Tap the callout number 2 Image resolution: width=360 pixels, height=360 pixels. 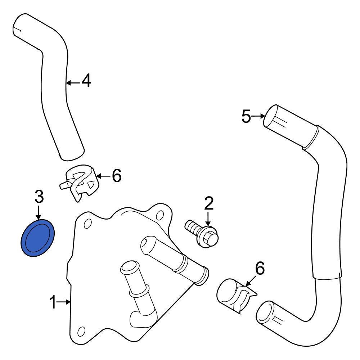pyautogui.click(x=209, y=203)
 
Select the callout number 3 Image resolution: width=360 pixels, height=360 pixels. pyautogui.click(x=39, y=197)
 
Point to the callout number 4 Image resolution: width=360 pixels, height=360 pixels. pyautogui.click(x=86, y=80)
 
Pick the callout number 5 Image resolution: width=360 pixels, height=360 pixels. pyautogui.click(x=246, y=116)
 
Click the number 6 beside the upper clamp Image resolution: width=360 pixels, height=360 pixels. pyautogui.click(x=117, y=176)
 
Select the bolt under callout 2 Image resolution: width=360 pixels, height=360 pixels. pyautogui.click(x=202, y=234)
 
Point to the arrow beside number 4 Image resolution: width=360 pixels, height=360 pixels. pyautogui.click(x=73, y=83)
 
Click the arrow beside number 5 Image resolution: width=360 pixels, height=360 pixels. pyautogui.click(x=258, y=116)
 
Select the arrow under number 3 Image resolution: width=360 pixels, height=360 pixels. pyautogui.click(x=39, y=213)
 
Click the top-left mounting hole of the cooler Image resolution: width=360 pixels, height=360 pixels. pyautogui.click(x=88, y=224)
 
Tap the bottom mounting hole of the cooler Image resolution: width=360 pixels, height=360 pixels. pyautogui.click(x=81, y=332)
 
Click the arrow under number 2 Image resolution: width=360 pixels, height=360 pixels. pyautogui.click(x=208, y=219)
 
